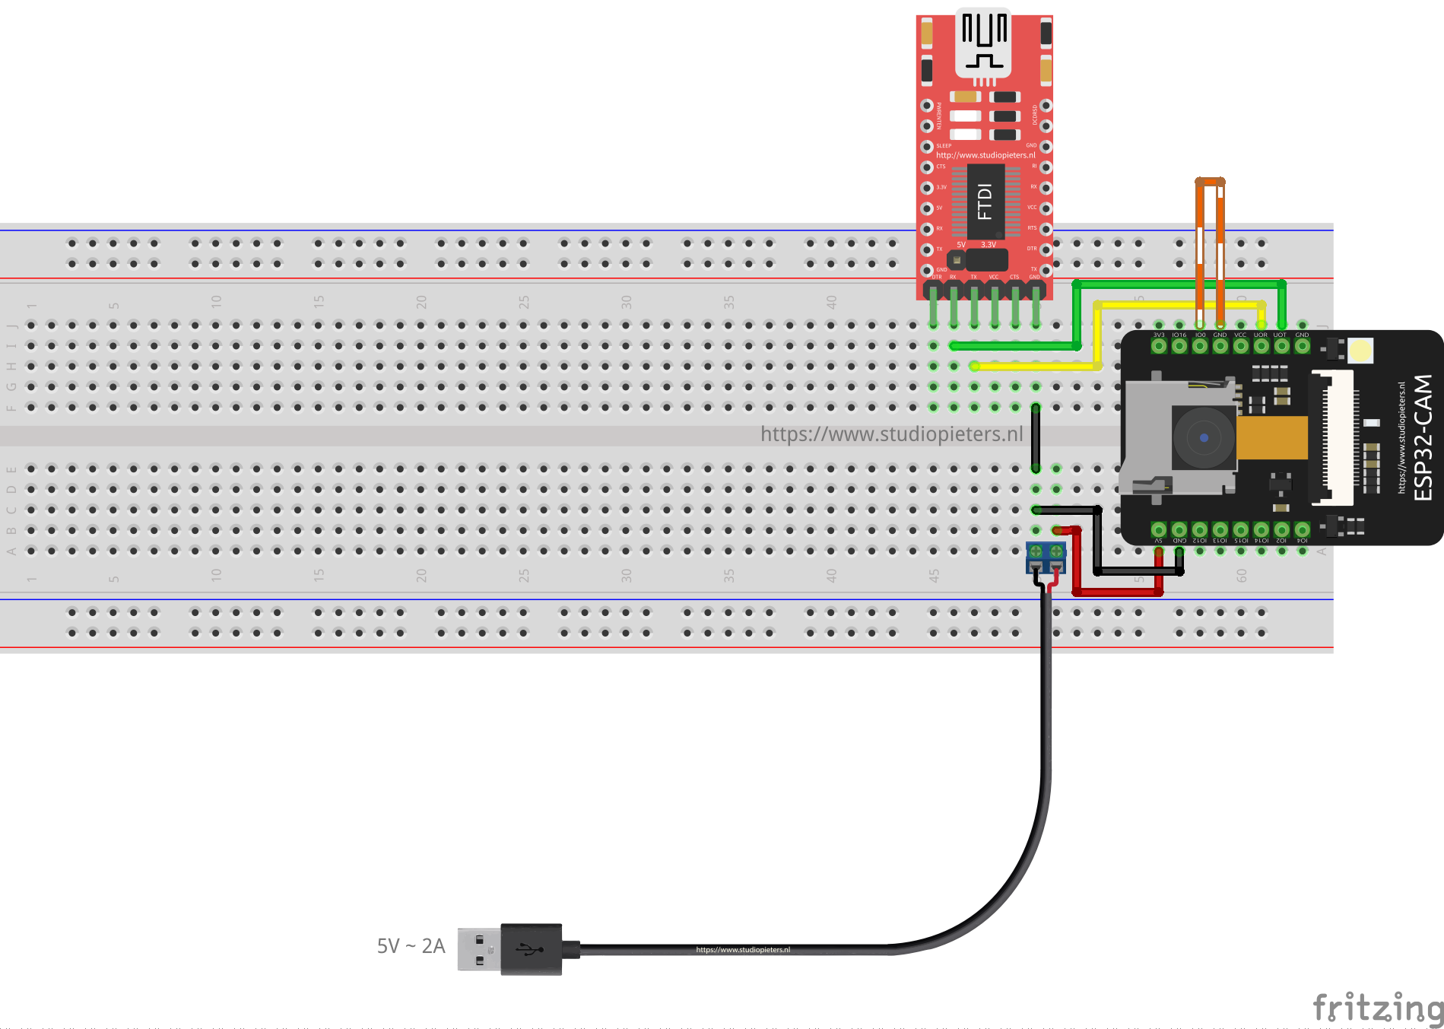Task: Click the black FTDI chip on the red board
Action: pyautogui.click(x=985, y=202)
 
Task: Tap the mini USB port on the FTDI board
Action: pyautogui.click(x=984, y=42)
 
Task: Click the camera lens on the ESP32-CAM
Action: pyautogui.click(x=1203, y=438)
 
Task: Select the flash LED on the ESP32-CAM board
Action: pyautogui.click(x=1360, y=351)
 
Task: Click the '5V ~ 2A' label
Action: pyautogui.click(x=411, y=946)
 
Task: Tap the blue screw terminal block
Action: pyautogui.click(x=1046, y=557)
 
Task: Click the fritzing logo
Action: pyautogui.click(x=1376, y=1008)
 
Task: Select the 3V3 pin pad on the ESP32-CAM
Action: pyautogui.click(x=1159, y=346)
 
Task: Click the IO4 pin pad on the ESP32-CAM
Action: pyautogui.click(x=1302, y=529)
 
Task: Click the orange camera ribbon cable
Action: pyautogui.click(x=1272, y=438)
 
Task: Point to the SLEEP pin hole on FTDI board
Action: pyautogui.click(x=927, y=146)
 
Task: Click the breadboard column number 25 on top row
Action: pyautogui.click(x=523, y=303)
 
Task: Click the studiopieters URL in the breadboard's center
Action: pyautogui.click(x=891, y=434)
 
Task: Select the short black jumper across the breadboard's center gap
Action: pyautogui.click(x=1036, y=439)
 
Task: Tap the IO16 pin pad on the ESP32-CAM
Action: pyautogui.click(x=1179, y=346)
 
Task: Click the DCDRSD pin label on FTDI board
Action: pyautogui.click(x=1035, y=115)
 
